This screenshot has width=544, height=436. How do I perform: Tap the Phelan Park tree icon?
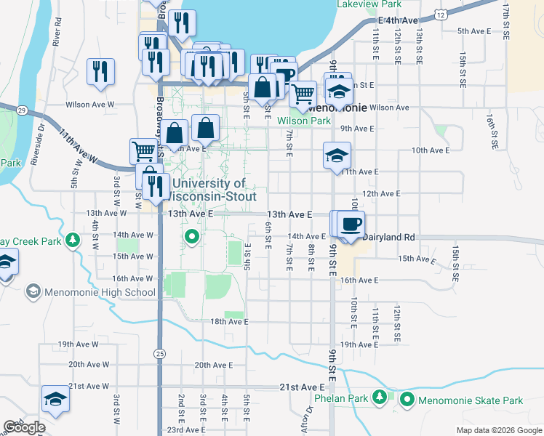[x=379, y=397]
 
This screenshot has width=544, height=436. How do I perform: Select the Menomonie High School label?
[x=98, y=292]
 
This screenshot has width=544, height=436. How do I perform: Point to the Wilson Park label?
[x=304, y=121]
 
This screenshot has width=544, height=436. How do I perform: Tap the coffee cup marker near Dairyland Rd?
[x=351, y=225]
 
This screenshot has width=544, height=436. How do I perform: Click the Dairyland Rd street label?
[x=388, y=237]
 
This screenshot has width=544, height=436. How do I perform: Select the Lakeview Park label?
[x=369, y=4]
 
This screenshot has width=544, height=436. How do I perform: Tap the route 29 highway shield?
[x=23, y=110]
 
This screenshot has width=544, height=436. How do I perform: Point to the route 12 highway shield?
[x=441, y=14]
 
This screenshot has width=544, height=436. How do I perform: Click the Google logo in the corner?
[x=24, y=427]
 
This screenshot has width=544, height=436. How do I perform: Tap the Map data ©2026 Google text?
[x=498, y=430]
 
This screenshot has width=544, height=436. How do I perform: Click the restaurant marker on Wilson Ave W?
[x=99, y=71]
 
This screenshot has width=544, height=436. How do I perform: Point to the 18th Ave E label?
[x=229, y=322]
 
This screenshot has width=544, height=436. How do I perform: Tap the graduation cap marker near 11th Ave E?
[x=337, y=156]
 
